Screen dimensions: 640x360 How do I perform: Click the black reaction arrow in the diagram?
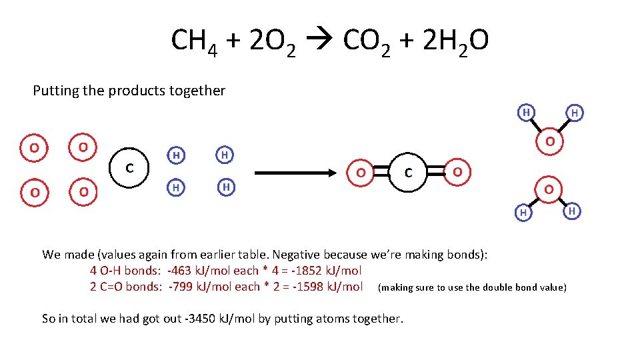pyautogui.click(x=297, y=173)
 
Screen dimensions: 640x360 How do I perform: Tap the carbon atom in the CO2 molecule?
pyautogui.click(x=409, y=173)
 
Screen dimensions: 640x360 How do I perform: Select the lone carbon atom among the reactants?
pyautogui.click(x=129, y=167)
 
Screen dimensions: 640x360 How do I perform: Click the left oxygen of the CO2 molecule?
pyautogui.click(x=360, y=173)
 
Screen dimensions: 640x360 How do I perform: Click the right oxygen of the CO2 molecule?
pyautogui.click(x=457, y=171)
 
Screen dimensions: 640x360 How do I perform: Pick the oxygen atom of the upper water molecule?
pyautogui.click(x=549, y=141)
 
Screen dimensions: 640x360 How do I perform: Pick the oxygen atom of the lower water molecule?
pyautogui.click(x=548, y=189)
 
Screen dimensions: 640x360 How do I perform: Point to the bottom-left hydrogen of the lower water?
pyautogui.click(x=523, y=212)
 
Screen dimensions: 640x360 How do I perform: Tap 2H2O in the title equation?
pyautogui.click(x=456, y=42)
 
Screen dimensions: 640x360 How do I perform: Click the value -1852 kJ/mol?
pyautogui.click(x=325, y=271)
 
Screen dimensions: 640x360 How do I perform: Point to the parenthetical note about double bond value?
pyautogui.click(x=472, y=287)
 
